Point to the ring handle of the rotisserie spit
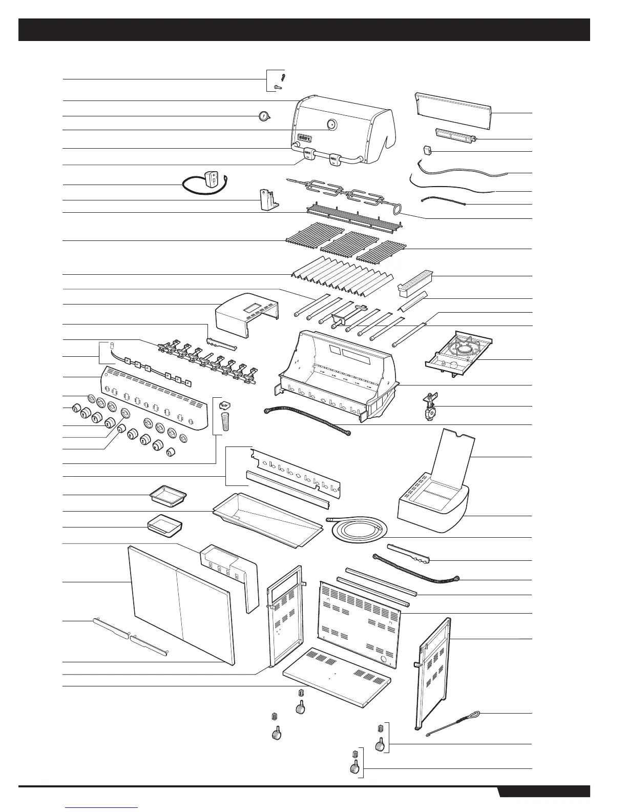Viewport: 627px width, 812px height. [396, 208]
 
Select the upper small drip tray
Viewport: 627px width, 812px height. [168, 496]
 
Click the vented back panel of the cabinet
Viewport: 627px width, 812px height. [359, 622]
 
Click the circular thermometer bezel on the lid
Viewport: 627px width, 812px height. [331, 124]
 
